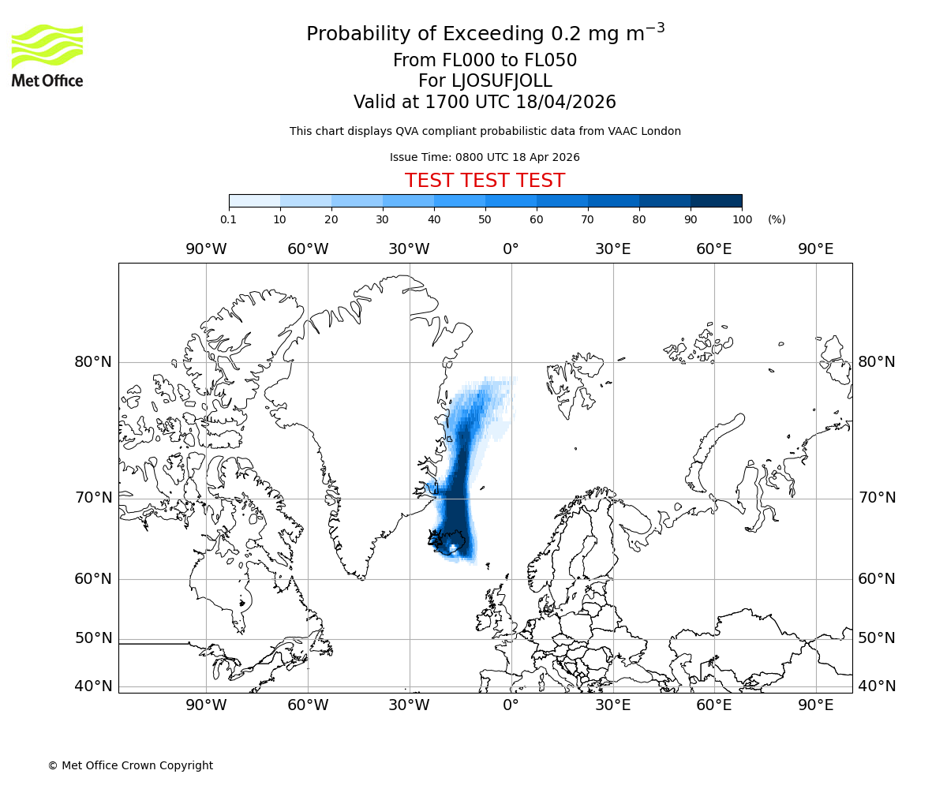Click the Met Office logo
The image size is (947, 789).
[47, 55]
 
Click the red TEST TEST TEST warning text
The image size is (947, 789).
[485, 181]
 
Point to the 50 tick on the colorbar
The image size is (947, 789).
[485, 219]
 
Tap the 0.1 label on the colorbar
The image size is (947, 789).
[228, 219]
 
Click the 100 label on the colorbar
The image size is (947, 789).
[742, 219]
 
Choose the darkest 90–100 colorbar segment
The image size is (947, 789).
[716, 200]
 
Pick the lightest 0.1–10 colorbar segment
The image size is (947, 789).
[255, 200]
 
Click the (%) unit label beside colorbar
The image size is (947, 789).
[777, 219]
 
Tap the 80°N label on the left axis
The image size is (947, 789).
[93, 362]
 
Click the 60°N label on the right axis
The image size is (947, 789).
[877, 579]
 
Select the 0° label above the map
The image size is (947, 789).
[511, 249]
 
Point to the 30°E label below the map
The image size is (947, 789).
[613, 705]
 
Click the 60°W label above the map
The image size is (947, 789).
[308, 249]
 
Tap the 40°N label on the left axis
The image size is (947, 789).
[93, 686]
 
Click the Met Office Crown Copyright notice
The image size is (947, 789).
[130, 765]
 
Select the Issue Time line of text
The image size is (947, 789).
[485, 157]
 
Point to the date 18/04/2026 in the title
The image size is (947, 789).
[566, 103]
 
